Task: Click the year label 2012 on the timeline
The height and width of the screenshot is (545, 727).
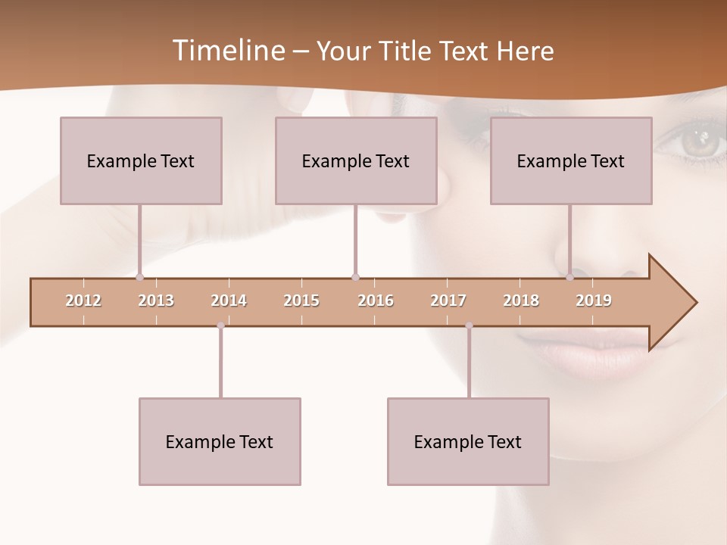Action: tap(83, 301)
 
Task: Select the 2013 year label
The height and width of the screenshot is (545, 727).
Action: tap(156, 301)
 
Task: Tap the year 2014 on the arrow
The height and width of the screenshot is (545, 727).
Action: tap(229, 301)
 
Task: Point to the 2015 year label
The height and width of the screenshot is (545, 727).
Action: tap(301, 301)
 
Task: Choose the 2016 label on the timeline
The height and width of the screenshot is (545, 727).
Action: tap(376, 301)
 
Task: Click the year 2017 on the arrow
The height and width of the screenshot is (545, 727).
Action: tap(448, 301)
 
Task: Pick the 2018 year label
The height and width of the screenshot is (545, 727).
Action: tap(521, 301)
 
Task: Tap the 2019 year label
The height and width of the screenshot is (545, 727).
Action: tap(594, 301)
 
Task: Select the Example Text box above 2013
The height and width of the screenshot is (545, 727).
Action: tap(141, 160)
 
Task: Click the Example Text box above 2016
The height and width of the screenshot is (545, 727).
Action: tap(356, 160)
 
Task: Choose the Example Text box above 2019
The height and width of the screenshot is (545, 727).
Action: tap(571, 160)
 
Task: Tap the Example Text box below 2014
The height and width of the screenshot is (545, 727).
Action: tap(220, 441)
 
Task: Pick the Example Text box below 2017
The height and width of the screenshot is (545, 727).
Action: tap(468, 441)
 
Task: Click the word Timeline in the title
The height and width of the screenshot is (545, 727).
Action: tap(227, 51)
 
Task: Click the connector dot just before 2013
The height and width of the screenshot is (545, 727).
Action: tap(139, 277)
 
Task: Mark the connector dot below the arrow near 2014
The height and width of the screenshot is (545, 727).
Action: tap(220, 325)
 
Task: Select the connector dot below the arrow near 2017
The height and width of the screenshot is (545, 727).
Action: tap(469, 325)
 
